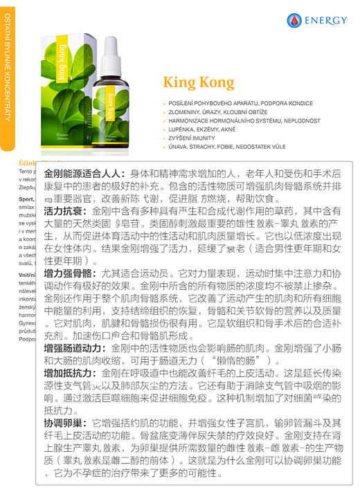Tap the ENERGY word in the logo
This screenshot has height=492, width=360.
click(328, 21)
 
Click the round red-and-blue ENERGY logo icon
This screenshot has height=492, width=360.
click(295, 21)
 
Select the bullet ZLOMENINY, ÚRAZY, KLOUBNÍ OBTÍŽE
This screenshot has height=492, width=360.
click(219, 113)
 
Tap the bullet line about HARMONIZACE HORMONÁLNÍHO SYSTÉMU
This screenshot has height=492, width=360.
click(234, 121)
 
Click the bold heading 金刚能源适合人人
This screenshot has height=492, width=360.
click(83, 172)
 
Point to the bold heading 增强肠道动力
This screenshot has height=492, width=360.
click(73, 348)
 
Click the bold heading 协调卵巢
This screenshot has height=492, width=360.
click(64, 422)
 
